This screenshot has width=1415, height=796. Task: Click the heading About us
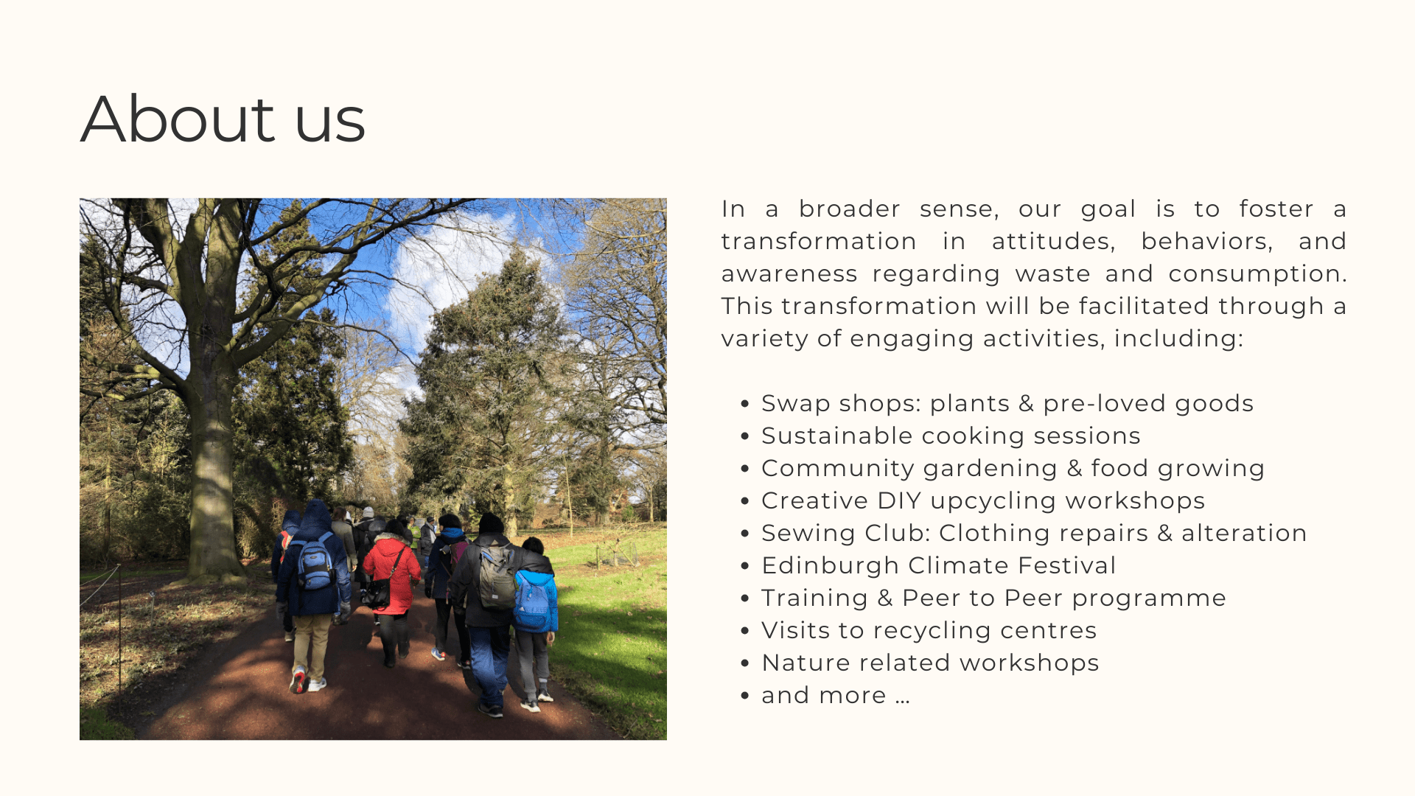(x=223, y=119)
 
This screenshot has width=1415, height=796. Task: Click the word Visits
(x=795, y=630)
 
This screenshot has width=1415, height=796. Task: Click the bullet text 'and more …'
(x=836, y=695)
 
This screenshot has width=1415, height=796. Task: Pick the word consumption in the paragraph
(x=1257, y=274)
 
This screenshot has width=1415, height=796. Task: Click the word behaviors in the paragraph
(x=1206, y=241)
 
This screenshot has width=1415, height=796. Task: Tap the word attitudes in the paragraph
(x=1053, y=241)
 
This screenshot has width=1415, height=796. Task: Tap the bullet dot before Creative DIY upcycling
(x=745, y=501)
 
